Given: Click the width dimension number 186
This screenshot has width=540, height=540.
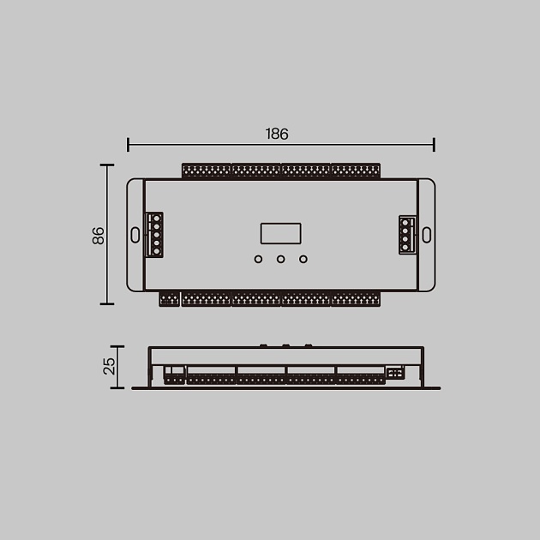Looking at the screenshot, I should (x=277, y=134).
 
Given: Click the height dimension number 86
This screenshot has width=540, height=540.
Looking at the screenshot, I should (x=98, y=236).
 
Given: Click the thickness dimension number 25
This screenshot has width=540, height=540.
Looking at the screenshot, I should (x=109, y=366).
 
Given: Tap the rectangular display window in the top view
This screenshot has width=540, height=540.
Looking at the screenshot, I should (x=280, y=234).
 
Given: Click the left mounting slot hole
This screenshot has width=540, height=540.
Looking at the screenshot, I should (x=135, y=234).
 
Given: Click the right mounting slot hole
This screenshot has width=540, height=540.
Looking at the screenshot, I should (x=426, y=234).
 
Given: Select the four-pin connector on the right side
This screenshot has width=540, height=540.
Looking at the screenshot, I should (x=406, y=234).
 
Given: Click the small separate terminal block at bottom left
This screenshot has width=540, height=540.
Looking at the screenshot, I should (x=169, y=299).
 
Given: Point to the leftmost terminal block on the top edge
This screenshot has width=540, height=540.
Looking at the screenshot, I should (x=206, y=171).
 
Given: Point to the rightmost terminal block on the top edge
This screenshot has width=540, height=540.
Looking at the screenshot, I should (x=356, y=171).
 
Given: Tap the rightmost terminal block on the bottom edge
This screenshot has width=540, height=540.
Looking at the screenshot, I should (x=356, y=299).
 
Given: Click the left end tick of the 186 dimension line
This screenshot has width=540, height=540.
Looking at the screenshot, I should (x=128, y=144).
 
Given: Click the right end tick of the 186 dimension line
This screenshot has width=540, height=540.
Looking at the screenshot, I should (x=435, y=144).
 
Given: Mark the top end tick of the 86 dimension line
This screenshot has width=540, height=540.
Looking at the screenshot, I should (x=107, y=165).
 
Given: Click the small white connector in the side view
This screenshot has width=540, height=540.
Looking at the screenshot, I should (x=394, y=373).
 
